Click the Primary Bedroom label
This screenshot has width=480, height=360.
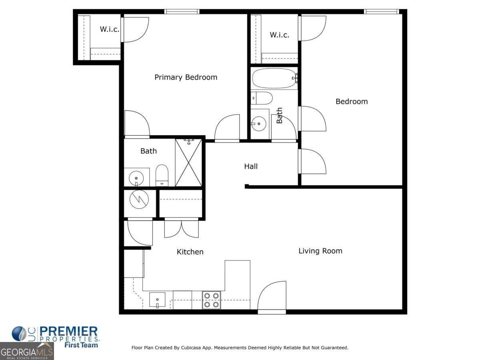click(186, 77)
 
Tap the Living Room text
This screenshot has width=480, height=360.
click(320, 251)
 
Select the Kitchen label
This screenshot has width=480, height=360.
click(190, 252)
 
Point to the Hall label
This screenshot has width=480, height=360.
click(251, 166)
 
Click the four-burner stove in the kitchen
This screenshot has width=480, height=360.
click(211, 300)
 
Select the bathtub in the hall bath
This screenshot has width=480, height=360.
click(274, 78)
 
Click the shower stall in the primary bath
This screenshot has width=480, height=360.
click(188, 162)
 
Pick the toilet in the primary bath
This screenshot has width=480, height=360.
click(162, 175)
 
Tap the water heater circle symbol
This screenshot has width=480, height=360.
click(139, 199)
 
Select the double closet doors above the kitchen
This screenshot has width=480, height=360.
click(181, 228)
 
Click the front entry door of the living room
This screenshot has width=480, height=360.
click(272, 297)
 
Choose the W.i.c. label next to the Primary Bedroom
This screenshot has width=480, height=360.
click(109, 29)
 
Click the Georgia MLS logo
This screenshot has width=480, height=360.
click(26, 352)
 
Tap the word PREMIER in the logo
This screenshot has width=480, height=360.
click(68, 332)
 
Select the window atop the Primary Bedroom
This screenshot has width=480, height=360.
click(182, 12)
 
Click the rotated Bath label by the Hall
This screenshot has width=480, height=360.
click(279, 115)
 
